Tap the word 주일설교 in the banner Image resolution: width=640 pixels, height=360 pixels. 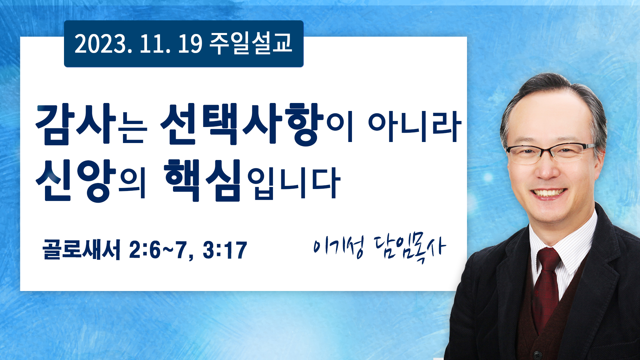[x=251, y=43]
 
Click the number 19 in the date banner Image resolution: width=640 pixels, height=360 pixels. [x=190, y=44]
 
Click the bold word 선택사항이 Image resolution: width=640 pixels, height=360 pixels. [x=256, y=124]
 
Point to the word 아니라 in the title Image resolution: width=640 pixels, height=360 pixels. [x=415, y=127]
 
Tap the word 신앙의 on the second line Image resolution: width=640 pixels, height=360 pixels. [x=91, y=180]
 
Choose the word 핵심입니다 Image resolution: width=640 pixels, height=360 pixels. [x=252, y=180]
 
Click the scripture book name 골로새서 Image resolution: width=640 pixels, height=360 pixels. [x=81, y=249]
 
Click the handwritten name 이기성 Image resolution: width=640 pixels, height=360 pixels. [x=339, y=247]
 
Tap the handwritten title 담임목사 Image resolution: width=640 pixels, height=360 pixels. [x=409, y=248]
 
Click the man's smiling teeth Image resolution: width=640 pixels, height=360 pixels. [x=549, y=193]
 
